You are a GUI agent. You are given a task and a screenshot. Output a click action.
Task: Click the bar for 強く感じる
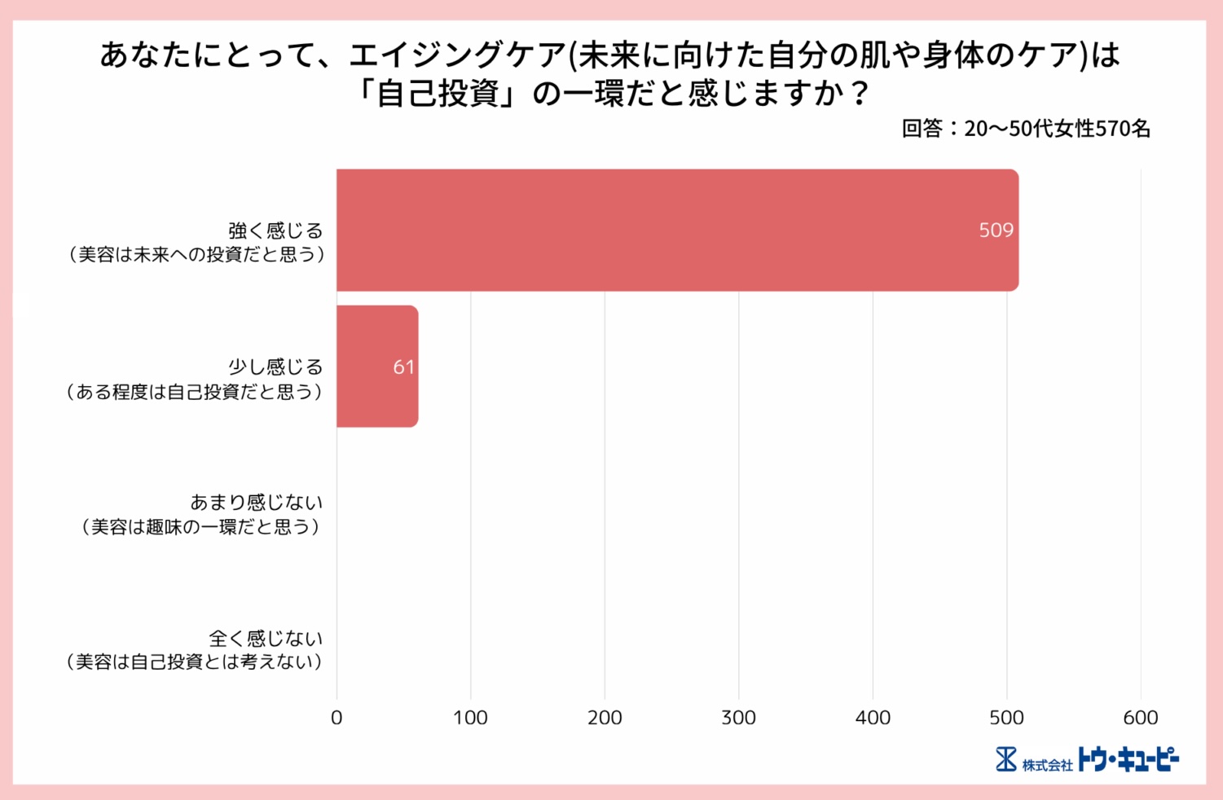676,230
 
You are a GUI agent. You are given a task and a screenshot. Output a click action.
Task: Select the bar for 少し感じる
376,367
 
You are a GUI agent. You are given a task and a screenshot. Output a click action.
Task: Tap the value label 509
996,231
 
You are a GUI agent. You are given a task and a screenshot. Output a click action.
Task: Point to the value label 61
403,367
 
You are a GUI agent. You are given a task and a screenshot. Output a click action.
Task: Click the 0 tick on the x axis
337,718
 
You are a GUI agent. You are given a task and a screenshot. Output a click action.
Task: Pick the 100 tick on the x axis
470,718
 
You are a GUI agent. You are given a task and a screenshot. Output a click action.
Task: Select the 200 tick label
605,718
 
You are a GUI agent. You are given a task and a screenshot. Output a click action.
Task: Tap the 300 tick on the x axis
738,718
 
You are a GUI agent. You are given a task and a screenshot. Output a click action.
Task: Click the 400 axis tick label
873,718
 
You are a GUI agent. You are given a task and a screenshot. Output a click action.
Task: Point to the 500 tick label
1006,718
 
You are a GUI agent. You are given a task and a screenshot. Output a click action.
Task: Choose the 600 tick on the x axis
1140,718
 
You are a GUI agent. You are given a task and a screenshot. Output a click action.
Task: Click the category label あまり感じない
256,503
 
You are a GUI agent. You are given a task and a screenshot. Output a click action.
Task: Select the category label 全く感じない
266,638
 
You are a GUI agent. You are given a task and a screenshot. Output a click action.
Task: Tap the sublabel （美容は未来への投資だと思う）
196,255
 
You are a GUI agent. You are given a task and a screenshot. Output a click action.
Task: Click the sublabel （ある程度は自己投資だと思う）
195,392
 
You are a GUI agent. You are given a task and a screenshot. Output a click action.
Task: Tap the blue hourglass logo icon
1006,759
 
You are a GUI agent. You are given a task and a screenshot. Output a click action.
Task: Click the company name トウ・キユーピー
1128,759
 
